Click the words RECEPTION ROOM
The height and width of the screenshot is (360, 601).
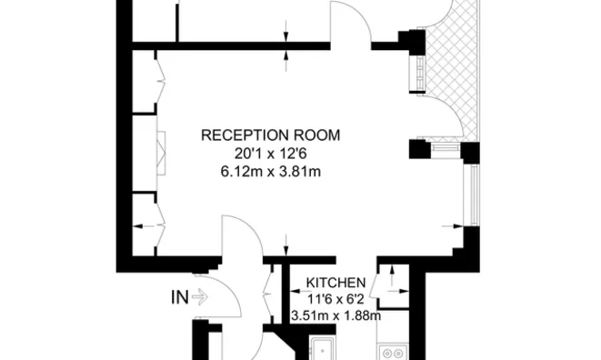270,135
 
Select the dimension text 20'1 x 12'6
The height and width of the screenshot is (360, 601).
270,153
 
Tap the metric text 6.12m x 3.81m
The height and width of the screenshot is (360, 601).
270,170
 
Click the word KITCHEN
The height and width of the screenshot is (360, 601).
336,283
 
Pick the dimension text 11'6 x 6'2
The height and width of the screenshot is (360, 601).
336,298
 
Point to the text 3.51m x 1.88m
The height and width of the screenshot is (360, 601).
336,315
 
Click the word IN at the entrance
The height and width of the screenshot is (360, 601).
179,296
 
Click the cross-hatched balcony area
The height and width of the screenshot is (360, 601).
452,55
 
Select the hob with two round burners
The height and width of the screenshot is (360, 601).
392,351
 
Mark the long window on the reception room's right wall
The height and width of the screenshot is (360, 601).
472,196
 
